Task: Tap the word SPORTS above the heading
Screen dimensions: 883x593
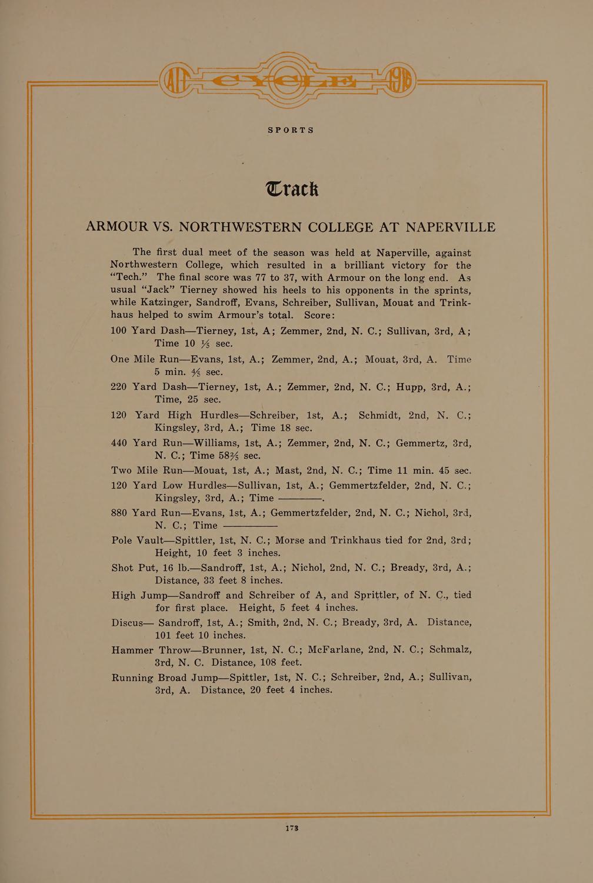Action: point(291,130)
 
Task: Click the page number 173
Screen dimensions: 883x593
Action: point(292,828)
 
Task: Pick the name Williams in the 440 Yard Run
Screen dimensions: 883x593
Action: point(217,443)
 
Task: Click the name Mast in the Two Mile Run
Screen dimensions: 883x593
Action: point(288,470)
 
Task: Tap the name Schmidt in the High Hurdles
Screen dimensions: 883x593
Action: point(383,414)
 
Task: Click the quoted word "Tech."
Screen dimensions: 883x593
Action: point(129,277)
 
